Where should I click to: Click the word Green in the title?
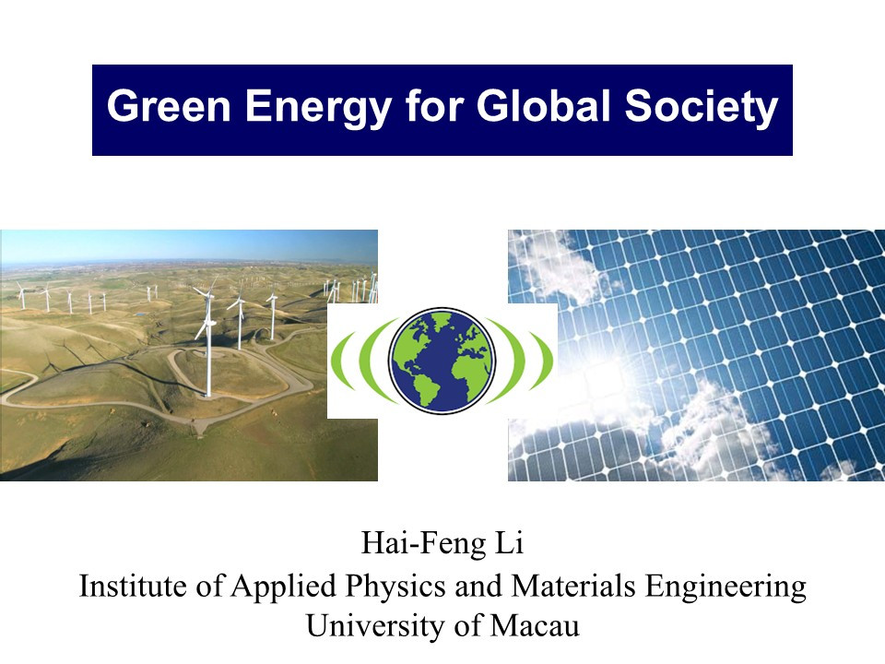pyautogui.click(x=169, y=105)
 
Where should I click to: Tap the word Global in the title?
pyautogui.click(x=543, y=105)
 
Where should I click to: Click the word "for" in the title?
pyautogui.click(x=434, y=105)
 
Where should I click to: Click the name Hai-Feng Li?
pyautogui.click(x=442, y=543)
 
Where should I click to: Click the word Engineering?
pyautogui.click(x=726, y=587)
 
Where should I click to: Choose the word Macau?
pyautogui.click(x=535, y=626)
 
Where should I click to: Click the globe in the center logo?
pyautogui.click(x=442, y=361)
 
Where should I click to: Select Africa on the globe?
pyautogui.click(x=468, y=367)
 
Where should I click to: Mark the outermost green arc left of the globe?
pyautogui.click(x=337, y=361)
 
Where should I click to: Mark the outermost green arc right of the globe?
pyautogui.click(x=547, y=361)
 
